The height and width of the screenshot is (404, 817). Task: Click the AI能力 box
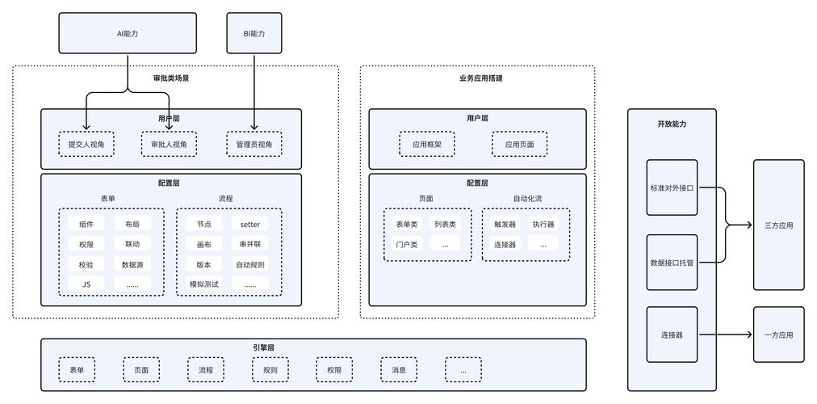(128, 33)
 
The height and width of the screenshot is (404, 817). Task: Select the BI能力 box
(254, 33)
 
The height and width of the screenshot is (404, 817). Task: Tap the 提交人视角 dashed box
(86, 145)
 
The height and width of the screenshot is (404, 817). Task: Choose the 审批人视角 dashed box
(170, 145)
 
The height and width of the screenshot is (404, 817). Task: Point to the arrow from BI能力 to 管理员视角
(254, 92)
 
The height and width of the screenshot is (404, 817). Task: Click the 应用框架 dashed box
(427, 145)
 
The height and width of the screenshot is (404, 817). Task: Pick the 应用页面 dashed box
(519, 145)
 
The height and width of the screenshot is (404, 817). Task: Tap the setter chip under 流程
(250, 224)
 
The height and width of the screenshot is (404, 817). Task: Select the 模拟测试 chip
(203, 284)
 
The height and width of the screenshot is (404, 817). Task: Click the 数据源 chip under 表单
(132, 264)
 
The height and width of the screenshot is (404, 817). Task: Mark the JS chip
(86, 284)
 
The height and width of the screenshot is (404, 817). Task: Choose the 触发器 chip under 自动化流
(505, 224)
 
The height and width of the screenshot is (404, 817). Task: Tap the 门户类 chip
(407, 244)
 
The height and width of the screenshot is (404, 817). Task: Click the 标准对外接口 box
(672, 187)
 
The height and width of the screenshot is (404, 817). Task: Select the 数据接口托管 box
(672, 263)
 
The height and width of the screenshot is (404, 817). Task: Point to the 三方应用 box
(779, 225)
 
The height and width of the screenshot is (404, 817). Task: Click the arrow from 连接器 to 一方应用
(725, 335)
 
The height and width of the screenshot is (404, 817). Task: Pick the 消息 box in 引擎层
(399, 370)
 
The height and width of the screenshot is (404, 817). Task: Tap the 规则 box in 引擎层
(270, 370)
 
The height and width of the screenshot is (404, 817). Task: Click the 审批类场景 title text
(174, 78)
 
